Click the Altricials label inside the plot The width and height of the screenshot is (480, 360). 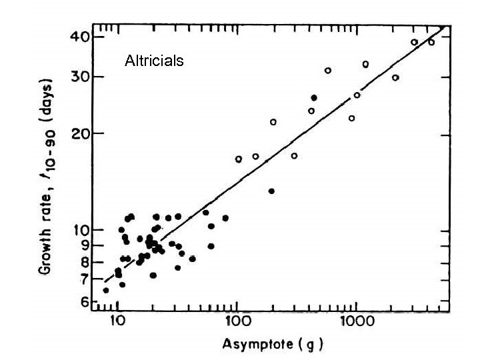coord(154,62)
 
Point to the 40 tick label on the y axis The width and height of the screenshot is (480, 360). coord(79,37)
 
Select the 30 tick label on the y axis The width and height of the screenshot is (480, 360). coord(79,77)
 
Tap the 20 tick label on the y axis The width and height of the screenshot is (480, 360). coord(79,133)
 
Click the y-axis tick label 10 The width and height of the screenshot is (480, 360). coord(79,230)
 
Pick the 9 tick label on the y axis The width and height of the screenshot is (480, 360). coord(82,245)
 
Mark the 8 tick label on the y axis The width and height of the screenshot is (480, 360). coord(82,261)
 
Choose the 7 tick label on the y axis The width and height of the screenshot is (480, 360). coord(82,279)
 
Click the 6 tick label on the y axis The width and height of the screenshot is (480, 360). coord(82,302)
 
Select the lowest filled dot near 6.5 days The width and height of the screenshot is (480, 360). coord(105,290)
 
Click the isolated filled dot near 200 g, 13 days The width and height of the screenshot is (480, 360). coord(271,191)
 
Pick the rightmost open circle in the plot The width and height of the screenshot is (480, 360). coord(431,42)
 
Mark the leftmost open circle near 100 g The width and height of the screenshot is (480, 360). coord(238,159)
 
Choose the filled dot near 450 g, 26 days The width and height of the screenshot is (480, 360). coord(314,97)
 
